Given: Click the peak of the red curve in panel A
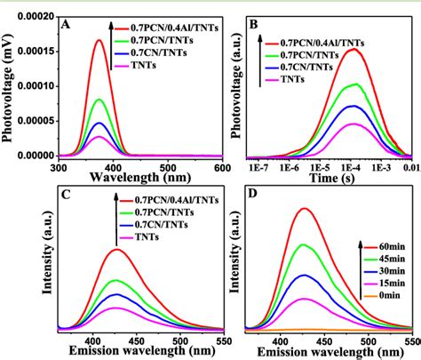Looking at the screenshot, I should [x=99, y=40].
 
